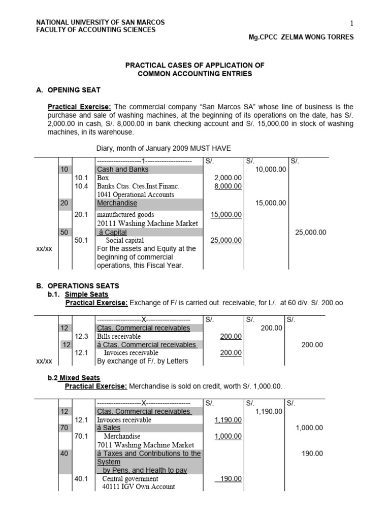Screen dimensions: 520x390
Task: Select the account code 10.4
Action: point(81,186)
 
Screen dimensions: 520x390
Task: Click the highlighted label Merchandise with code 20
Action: point(117,203)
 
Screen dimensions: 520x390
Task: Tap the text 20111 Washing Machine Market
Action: point(147,223)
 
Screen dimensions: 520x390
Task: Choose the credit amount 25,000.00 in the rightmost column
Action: point(310,232)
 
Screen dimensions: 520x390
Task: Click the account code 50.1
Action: point(81,240)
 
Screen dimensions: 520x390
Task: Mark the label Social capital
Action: point(124,240)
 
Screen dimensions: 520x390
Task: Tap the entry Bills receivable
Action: point(119,336)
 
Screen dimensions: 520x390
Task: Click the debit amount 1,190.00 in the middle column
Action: point(268,411)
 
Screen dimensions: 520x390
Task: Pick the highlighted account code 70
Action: point(64,428)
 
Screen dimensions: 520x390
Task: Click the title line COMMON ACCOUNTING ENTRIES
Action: point(195,74)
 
